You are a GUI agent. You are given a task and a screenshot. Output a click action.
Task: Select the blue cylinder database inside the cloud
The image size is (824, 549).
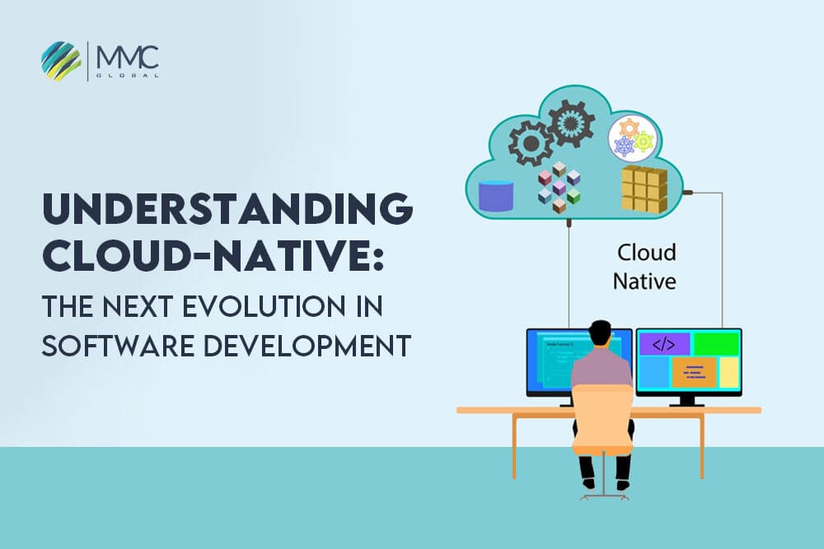click(496, 195)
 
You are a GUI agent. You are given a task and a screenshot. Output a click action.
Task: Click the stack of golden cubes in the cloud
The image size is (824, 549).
click(644, 187)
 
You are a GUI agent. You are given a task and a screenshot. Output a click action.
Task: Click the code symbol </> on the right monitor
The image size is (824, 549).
click(664, 344)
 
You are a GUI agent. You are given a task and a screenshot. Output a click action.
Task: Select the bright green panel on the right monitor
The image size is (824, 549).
click(715, 344)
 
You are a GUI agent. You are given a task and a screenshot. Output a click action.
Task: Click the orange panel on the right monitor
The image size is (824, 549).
click(694, 372)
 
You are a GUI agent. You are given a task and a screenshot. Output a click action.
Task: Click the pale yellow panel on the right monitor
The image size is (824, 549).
click(728, 372)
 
